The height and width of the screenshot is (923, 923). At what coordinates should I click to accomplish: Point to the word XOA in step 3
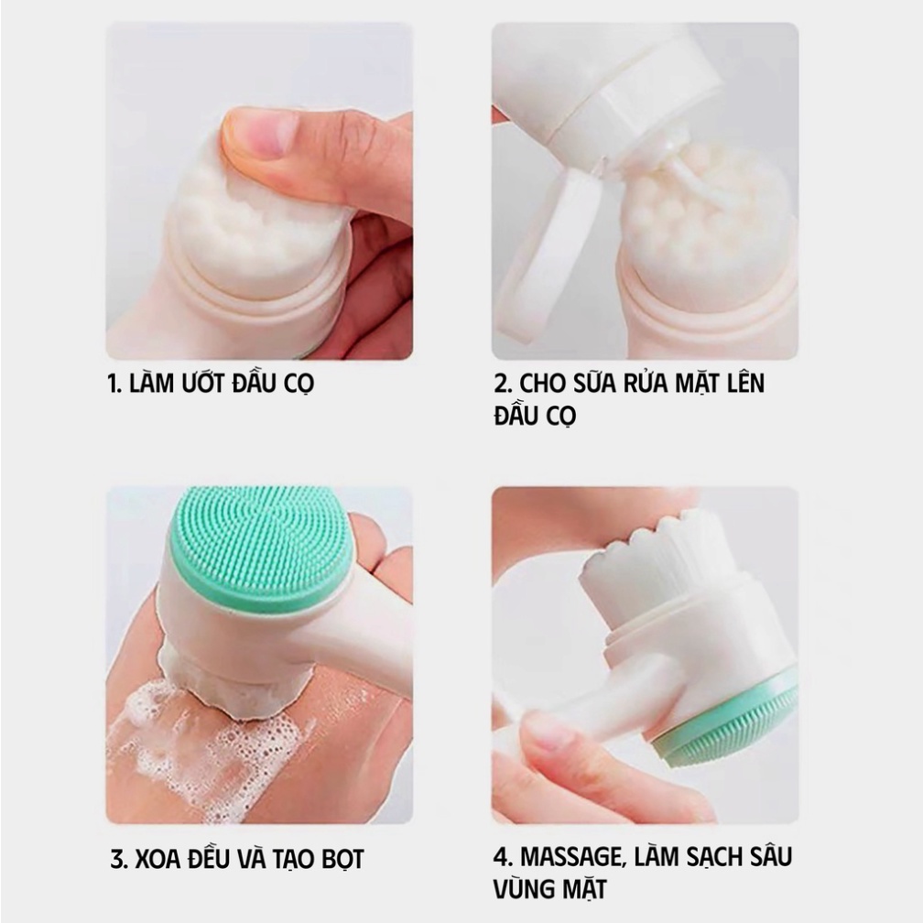pos(158,860)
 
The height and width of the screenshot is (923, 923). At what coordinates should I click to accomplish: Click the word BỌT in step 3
pos(339,860)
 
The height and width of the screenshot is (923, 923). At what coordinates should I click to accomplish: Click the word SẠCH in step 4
pos(705,857)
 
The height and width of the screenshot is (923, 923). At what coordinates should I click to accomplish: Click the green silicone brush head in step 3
pos(261,548)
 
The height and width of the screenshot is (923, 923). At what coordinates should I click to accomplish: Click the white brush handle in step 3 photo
pos(357,641)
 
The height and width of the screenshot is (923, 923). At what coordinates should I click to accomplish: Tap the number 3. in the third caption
pos(117,860)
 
